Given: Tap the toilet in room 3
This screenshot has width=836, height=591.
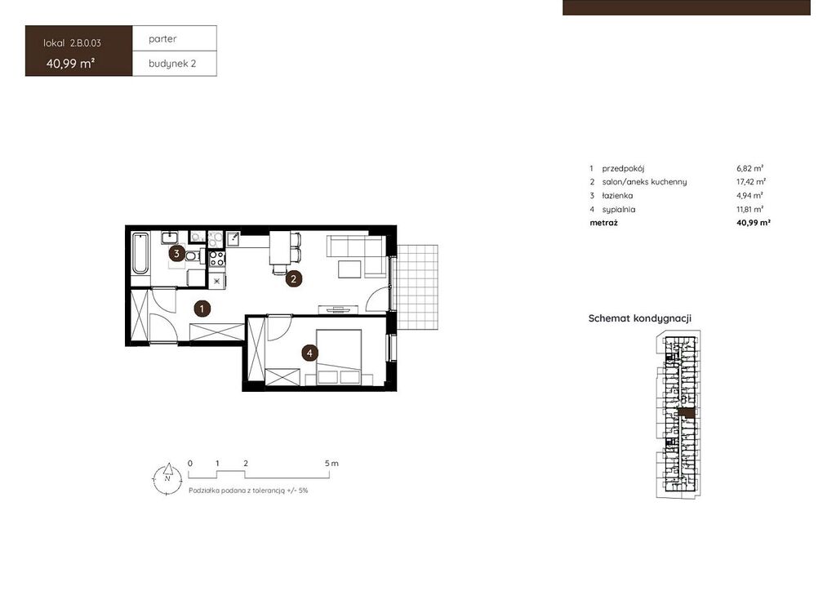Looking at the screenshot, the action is [x=193, y=256].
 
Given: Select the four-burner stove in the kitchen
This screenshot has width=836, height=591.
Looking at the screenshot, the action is [x=216, y=259].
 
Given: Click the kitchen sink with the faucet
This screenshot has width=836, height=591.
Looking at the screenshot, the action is [x=233, y=238].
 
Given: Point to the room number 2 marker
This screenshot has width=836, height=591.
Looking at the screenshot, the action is [x=293, y=278].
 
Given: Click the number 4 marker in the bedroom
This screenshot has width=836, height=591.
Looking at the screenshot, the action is [x=309, y=353].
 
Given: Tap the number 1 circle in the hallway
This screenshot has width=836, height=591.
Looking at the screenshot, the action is [x=202, y=308].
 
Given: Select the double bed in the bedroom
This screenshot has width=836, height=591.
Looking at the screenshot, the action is [x=339, y=357].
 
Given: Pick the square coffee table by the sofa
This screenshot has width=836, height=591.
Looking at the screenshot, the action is [x=349, y=269].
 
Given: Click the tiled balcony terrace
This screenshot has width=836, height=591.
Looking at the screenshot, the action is [x=418, y=287].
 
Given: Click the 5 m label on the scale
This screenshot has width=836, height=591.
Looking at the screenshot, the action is [x=331, y=463].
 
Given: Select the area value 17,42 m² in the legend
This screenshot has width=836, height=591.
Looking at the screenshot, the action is [x=751, y=182].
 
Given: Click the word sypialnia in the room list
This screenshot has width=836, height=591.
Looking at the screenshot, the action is [x=619, y=210].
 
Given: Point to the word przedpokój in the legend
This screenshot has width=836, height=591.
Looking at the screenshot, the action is [x=623, y=168].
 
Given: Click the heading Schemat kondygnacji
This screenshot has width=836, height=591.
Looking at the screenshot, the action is [x=640, y=318].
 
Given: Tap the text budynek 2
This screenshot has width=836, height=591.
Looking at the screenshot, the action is [x=172, y=64].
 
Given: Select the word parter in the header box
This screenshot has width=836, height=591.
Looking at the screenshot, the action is [x=162, y=39].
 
